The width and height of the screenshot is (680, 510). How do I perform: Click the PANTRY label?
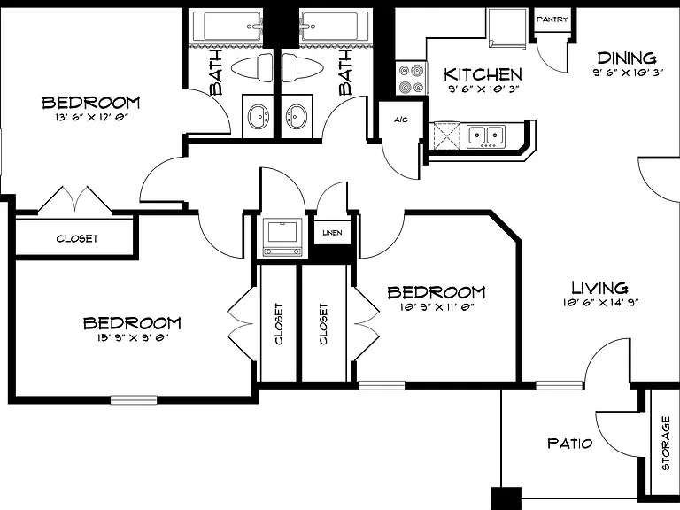(x=552, y=19)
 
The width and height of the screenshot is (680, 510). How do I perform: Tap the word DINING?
(x=627, y=58)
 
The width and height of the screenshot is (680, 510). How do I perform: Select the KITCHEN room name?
(x=483, y=74)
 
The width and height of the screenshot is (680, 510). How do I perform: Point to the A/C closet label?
(x=401, y=120)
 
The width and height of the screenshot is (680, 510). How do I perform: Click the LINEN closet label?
(x=333, y=233)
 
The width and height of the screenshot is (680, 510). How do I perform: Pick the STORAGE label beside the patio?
(x=665, y=443)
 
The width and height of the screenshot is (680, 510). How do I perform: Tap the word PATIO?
(x=569, y=444)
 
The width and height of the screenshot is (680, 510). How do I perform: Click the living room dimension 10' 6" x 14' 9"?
(x=600, y=303)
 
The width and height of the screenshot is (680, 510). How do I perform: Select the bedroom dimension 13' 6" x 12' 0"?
(x=92, y=118)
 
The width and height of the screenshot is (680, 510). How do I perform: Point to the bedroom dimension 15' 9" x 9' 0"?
(x=132, y=338)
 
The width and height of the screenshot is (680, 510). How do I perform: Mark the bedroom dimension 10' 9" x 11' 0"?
(x=437, y=307)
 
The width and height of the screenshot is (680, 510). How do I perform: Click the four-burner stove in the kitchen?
(x=411, y=78)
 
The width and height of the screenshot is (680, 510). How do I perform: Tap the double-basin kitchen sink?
(x=486, y=135)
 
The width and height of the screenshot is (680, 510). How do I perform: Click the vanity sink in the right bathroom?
(x=297, y=116)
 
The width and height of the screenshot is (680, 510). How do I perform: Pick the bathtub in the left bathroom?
(x=228, y=27)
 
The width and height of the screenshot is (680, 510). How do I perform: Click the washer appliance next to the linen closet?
(x=282, y=237)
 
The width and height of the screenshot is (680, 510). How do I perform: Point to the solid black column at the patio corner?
(x=506, y=498)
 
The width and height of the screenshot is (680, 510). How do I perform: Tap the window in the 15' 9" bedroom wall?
(x=134, y=400)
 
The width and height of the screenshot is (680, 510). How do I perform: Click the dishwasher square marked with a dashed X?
(x=447, y=135)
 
